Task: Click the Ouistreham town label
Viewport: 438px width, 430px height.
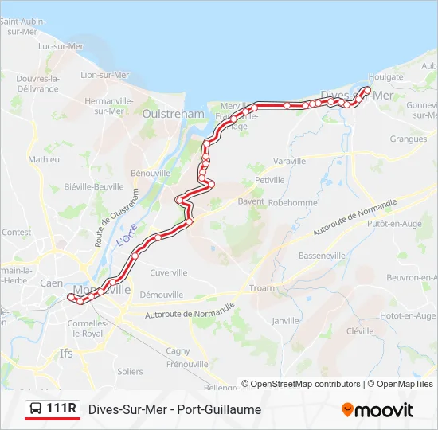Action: (x=173, y=114)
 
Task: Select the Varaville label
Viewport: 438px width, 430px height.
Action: (x=289, y=161)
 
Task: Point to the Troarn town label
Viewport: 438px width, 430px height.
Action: (x=261, y=287)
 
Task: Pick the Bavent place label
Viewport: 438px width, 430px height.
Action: (x=251, y=202)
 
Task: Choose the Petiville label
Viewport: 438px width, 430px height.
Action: (x=270, y=181)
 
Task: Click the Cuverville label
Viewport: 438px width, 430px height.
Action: (x=168, y=272)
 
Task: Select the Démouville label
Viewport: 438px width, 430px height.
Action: (x=161, y=295)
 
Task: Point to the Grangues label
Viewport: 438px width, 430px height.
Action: (x=409, y=139)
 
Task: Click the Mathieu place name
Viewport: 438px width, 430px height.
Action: (x=44, y=159)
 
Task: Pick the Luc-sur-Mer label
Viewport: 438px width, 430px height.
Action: (x=61, y=46)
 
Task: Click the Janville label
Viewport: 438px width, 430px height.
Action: (x=284, y=321)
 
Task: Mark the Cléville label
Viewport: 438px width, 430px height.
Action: (x=360, y=330)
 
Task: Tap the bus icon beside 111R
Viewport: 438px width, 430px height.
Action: (x=36, y=409)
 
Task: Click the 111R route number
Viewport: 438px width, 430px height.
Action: (x=61, y=409)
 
